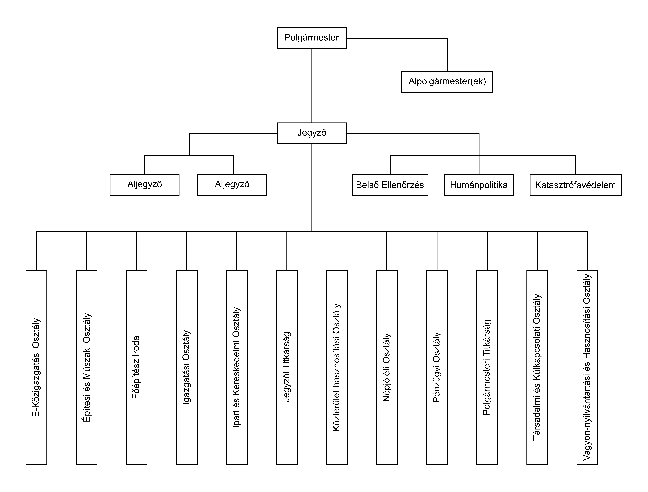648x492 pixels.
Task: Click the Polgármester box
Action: point(312,38)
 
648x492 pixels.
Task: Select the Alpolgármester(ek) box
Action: point(447,82)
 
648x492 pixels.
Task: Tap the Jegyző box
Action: point(312,133)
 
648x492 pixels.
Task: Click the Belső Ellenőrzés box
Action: point(390,185)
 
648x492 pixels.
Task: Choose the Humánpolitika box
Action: point(479,185)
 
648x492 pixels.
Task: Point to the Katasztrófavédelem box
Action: point(576,185)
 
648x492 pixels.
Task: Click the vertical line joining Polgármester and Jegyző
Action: point(312,86)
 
